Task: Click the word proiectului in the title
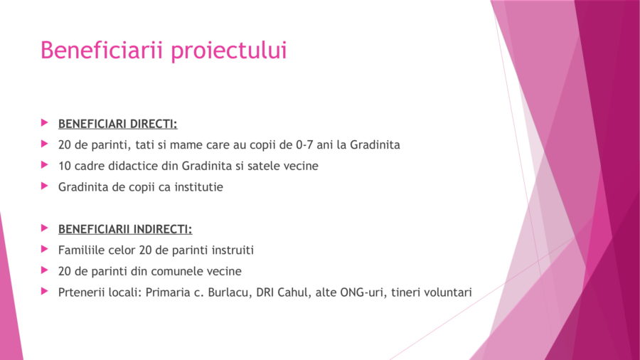coord(228,51)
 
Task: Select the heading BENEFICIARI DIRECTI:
coord(117,124)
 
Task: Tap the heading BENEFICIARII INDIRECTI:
coord(125,229)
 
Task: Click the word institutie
coord(199,187)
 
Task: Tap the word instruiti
coord(233,250)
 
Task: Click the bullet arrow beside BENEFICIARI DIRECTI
coord(45,122)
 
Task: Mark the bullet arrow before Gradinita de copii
coord(45,186)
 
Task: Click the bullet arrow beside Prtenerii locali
coord(45,291)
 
